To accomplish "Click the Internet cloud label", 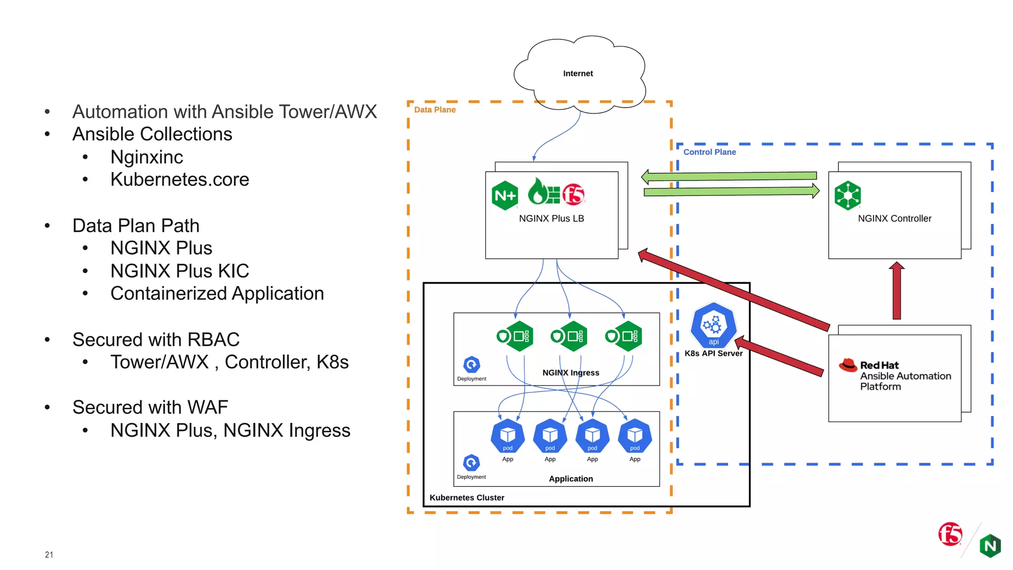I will pyautogui.click(x=578, y=73).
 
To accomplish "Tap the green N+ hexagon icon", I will pyautogui.click(x=505, y=196).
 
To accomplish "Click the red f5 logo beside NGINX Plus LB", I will pyautogui.click(x=574, y=194).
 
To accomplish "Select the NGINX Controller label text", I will pyautogui.click(x=894, y=218).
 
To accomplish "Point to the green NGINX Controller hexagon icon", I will pyautogui.click(x=847, y=195).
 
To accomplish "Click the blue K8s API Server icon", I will pyautogui.click(x=713, y=325).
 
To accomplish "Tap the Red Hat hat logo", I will pyautogui.click(x=848, y=365).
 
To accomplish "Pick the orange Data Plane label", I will pyautogui.click(x=435, y=110).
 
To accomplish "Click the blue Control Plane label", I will pyautogui.click(x=709, y=152).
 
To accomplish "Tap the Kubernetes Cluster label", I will pyautogui.click(x=466, y=497).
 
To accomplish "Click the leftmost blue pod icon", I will pyautogui.click(x=507, y=436).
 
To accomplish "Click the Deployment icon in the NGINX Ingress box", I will pyautogui.click(x=471, y=365).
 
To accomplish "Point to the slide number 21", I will pyautogui.click(x=49, y=555).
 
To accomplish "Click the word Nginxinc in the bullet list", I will pyautogui.click(x=146, y=157).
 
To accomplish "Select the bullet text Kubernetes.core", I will pyautogui.click(x=180, y=179).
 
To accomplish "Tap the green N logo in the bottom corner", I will pyautogui.click(x=990, y=546).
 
